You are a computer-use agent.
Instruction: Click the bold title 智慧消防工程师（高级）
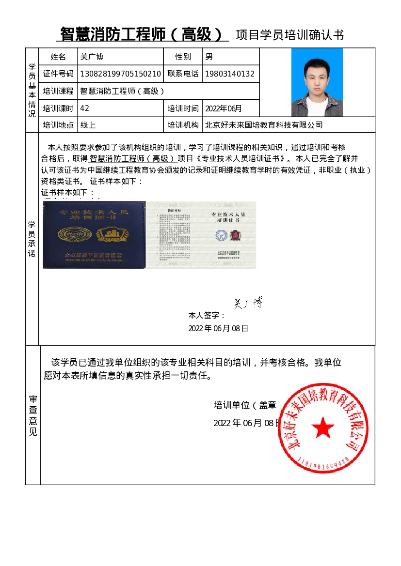[142, 34]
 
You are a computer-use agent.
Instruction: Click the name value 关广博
[92, 57]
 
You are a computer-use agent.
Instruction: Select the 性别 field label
[183, 57]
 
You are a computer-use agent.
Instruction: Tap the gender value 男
[209, 57]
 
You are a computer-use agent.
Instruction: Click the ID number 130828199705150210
[120, 74]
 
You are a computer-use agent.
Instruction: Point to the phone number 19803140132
[230, 74]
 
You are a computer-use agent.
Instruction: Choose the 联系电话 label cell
[183, 74]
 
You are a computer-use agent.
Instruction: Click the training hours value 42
[85, 108]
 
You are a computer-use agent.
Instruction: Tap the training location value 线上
[88, 125]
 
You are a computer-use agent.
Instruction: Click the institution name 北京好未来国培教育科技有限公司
[264, 125]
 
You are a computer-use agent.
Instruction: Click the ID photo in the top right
[317, 82]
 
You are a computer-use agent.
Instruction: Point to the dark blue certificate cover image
[94, 235]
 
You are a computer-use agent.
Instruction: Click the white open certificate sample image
[201, 235]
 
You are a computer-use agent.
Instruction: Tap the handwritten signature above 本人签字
[248, 303]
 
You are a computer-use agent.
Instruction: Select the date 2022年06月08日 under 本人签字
[218, 328]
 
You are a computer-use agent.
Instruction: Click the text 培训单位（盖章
[245, 405]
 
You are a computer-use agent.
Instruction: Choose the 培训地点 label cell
[58, 125]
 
